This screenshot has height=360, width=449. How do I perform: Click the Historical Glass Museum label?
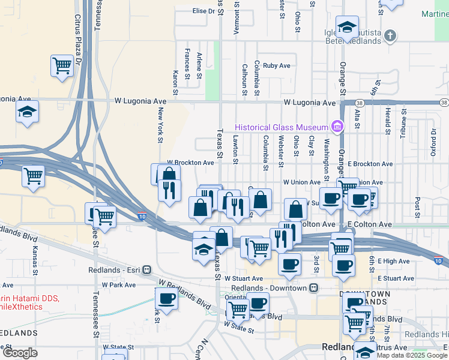(x=281, y=127)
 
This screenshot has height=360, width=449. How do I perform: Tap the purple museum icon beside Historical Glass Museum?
(x=337, y=127)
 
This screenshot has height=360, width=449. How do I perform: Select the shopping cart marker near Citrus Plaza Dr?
(x=62, y=65)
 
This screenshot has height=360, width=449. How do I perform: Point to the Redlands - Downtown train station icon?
(x=313, y=287)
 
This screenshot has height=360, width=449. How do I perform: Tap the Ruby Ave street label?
(x=277, y=65)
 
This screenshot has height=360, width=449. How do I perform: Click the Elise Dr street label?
(x=203, y=11)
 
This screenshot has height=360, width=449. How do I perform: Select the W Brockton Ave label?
(x=190, y=163)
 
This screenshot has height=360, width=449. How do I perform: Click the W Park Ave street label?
(x=119, y=285)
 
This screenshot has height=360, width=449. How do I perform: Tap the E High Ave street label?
(x=394, y=261)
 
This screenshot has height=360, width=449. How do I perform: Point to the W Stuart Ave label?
(x=244, y=278)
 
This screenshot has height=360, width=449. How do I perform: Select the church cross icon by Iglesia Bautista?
(x=390, y=36)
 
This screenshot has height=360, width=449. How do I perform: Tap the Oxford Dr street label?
(x=432, y=142)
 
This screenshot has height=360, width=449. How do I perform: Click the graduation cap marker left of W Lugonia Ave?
(x=27, y=112)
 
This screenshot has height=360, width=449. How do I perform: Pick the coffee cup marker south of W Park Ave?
(x=166, y=298)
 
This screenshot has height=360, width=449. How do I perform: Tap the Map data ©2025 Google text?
(x=412, y=355)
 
